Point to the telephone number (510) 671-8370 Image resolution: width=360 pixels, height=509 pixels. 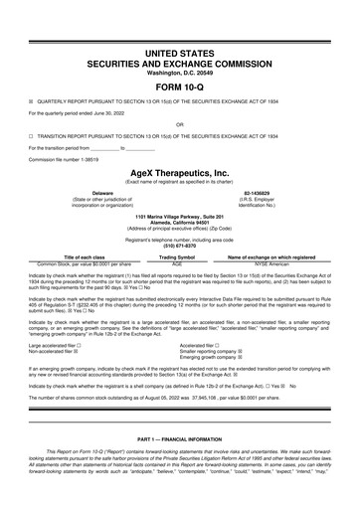(x=180, y=245)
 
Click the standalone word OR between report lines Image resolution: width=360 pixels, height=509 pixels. (x=180, y=124)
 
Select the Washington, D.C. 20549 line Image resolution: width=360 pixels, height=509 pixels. (x=180, y=71)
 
